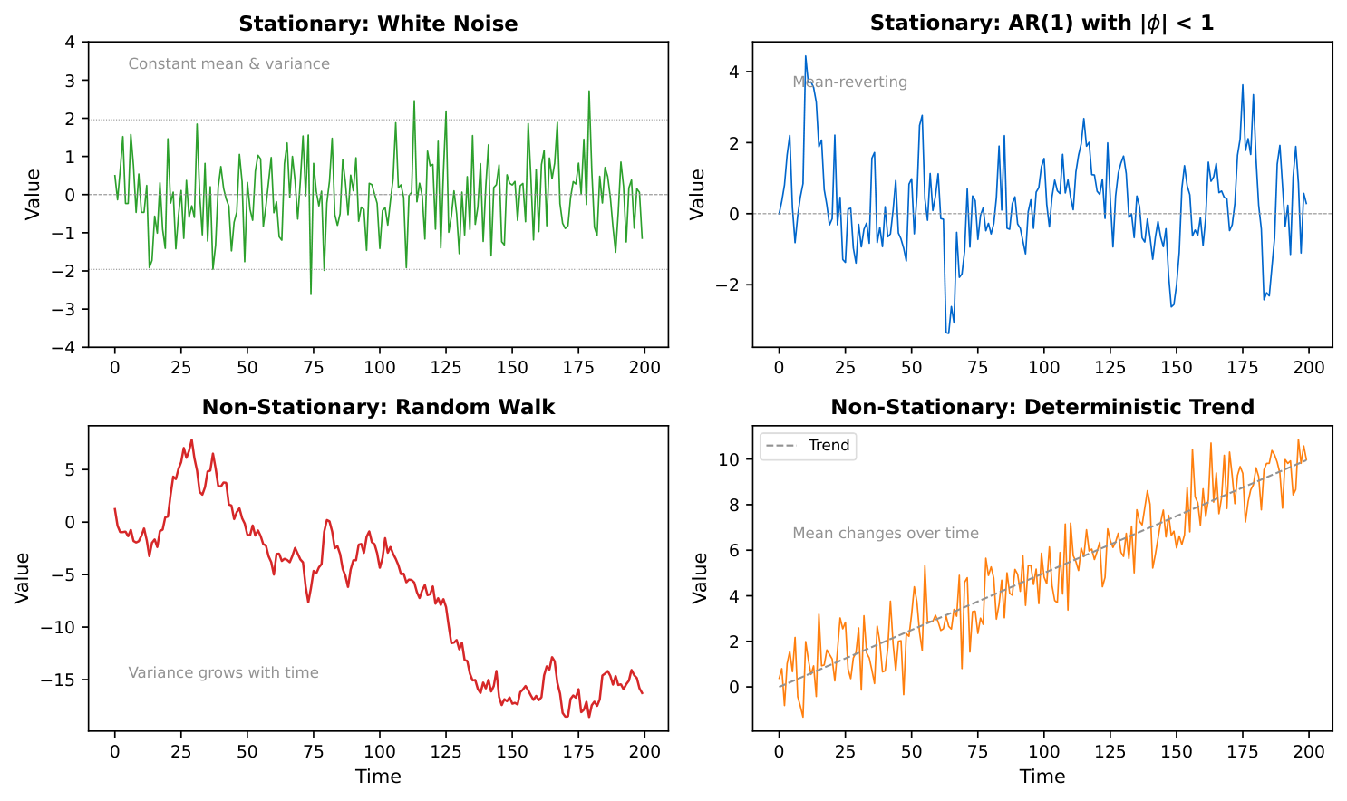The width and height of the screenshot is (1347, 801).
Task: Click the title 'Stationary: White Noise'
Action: (x=378, y=24)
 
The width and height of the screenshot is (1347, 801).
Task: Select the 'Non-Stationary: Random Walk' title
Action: (x=378, y=407)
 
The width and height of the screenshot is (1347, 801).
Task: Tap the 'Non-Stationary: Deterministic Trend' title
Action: (x=1042, y=407)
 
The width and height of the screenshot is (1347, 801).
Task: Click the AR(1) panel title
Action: (x=1042, y=24)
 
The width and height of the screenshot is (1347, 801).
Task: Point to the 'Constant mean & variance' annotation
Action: (x=228, y=63)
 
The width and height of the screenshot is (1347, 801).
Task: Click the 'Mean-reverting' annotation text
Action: (x=849, y=82)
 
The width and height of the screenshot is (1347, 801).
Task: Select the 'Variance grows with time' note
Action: (x=223, y=672)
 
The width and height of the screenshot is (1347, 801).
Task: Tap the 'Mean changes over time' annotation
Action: (x=886, y=533)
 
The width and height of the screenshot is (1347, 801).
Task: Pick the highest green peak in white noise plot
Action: (x=589, y=91)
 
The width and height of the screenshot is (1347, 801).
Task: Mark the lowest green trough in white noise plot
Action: (x=311, y=294)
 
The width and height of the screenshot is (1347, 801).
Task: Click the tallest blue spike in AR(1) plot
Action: (x=806, y=56)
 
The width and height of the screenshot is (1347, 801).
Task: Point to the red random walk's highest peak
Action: (x=191, y=439)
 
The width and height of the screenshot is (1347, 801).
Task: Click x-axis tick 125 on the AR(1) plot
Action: (x=1110, y=367)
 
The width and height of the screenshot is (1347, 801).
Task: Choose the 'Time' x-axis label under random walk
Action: (x=378, y=777)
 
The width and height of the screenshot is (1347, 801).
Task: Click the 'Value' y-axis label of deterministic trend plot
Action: (x=700, y=578)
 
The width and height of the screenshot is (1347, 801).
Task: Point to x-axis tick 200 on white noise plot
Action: (x=644, y=367)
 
